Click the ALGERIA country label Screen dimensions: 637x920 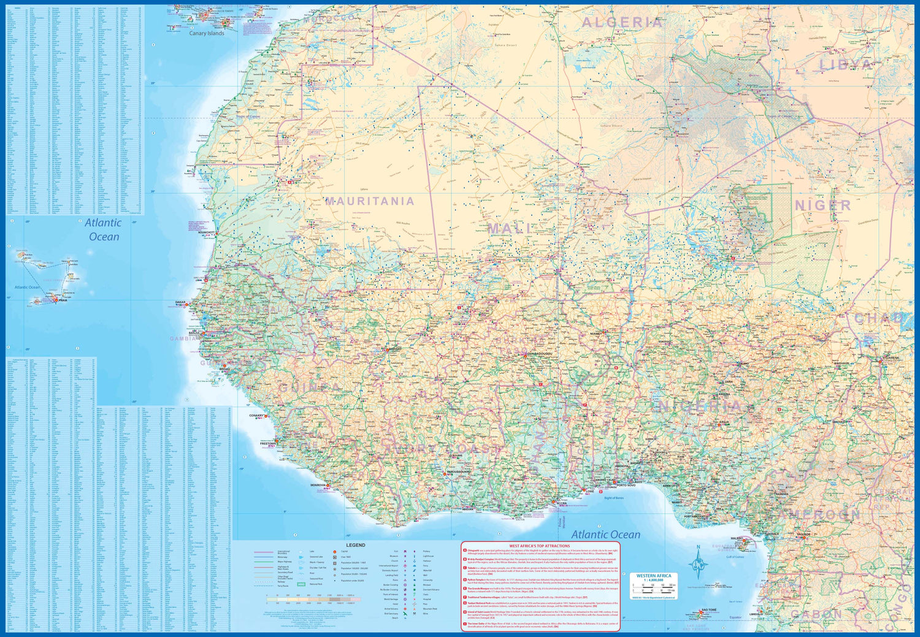coord(622,23)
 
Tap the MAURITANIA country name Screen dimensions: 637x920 coord(369,201)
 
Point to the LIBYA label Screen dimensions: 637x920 coord(846,65)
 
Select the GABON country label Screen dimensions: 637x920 coord(816,614)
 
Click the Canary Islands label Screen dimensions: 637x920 coord(207,33)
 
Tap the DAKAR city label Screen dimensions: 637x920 coord(180,302)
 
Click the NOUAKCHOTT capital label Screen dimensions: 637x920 coord(207,232)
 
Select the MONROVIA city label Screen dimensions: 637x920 coord(318,485)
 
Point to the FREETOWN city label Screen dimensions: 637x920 coord(267,443)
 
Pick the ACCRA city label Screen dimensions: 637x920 coord(561,503)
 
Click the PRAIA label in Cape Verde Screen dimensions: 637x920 coord(62,300)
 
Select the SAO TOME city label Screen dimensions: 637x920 coord(709,610)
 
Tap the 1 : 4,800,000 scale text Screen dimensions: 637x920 coord(653,580)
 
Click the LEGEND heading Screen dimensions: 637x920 coord(355,545)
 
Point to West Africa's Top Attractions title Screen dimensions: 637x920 coord(539,546)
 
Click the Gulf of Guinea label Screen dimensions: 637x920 coord(735,557)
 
